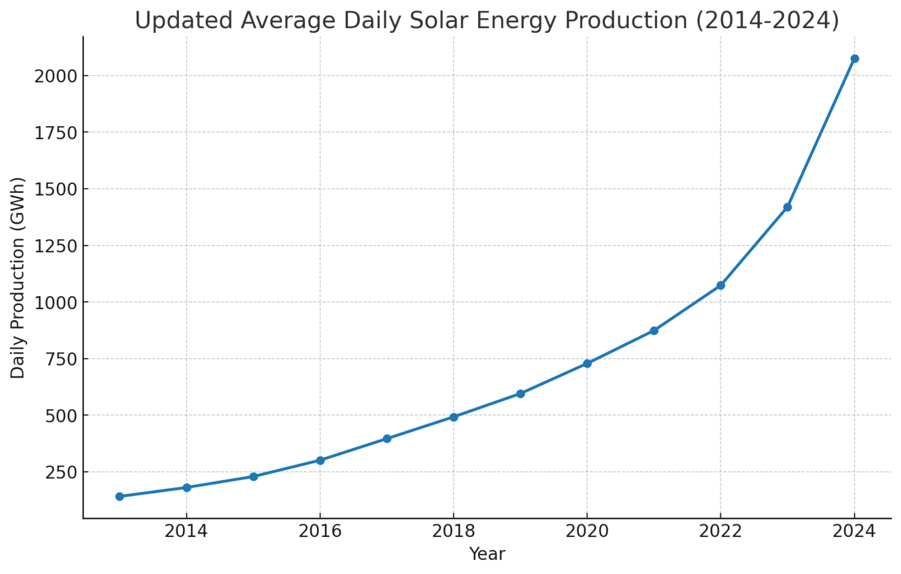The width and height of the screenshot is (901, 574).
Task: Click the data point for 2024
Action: [854, 59]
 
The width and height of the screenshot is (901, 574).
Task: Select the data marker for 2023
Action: [787, 207]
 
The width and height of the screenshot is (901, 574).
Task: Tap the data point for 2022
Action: [720, 286]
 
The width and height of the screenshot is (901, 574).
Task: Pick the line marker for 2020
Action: [587, 364]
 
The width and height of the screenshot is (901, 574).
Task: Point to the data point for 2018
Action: [453, 417]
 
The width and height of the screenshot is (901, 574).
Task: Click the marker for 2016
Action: [320, 460]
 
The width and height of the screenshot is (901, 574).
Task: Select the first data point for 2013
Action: [120, 496]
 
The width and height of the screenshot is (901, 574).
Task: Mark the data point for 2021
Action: [654, 331]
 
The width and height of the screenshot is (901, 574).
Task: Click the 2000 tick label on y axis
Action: [56, 76]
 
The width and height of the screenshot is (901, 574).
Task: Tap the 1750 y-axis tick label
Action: [56, 133]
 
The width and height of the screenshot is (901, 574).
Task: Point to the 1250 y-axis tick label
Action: [56, 246]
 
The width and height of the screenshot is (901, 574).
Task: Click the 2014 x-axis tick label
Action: [187, 531]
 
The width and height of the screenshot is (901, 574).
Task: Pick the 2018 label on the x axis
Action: [453, 531]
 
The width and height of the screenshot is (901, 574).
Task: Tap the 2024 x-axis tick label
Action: [854, 531]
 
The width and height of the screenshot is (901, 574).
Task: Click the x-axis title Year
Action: [487, 554]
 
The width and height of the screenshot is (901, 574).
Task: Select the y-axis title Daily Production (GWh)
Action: [18, 277]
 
